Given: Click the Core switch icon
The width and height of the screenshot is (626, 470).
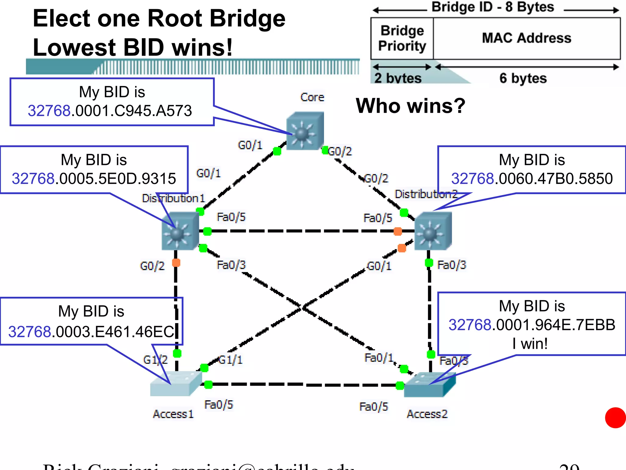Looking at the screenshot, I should click(305, 131).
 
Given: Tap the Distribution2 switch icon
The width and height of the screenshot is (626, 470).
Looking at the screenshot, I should click(433, 231).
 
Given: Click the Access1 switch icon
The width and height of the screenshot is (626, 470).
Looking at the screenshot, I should click(175, 384).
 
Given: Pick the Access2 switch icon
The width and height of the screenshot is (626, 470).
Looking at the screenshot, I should click(429, 385).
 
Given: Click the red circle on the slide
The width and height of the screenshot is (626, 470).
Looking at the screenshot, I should click(615, 418).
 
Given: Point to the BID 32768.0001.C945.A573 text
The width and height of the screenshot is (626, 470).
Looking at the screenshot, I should click(110, 111).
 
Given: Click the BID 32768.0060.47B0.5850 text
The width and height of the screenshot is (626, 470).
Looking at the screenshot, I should click(532, 179).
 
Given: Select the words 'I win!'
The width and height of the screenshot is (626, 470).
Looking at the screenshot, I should click(530, 344).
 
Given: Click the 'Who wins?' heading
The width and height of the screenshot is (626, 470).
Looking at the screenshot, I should click(411, 106).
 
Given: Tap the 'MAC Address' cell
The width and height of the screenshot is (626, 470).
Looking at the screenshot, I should click(526, 38).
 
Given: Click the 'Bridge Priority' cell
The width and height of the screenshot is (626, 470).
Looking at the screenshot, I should click(402, 38).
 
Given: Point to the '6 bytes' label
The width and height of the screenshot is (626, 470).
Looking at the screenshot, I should click(523, 78).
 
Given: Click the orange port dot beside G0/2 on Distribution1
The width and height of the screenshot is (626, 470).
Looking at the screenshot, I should click(176, 263).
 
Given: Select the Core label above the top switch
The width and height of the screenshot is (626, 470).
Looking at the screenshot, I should click(312, 97).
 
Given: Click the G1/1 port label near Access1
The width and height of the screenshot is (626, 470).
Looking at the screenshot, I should click(231, 360).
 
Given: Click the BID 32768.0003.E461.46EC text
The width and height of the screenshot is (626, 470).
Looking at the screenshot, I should click(91, 332).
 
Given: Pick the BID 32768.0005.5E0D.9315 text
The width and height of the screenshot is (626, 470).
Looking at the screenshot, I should click(94, 179).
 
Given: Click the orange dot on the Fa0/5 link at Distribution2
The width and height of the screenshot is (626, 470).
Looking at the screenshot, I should click(398, 231).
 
